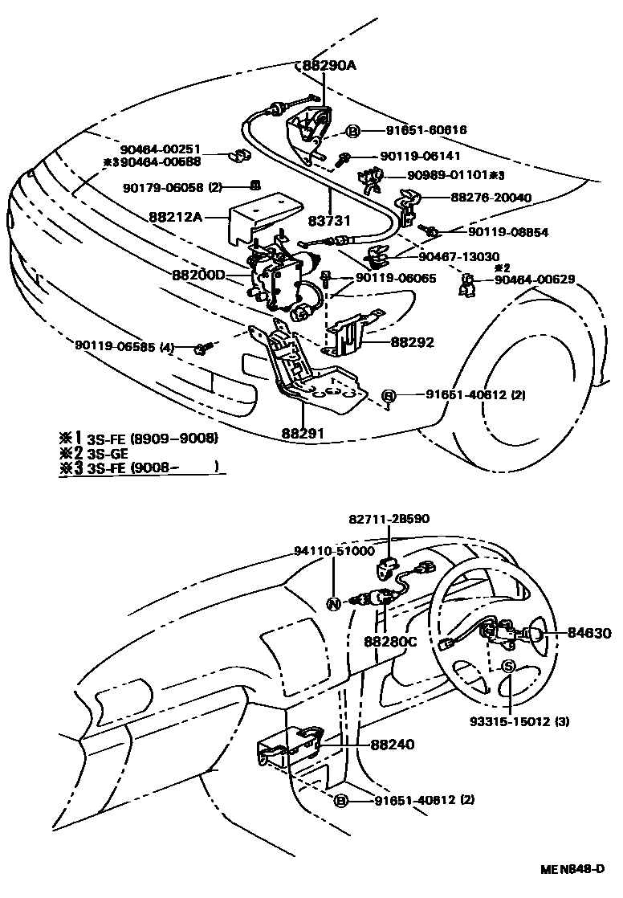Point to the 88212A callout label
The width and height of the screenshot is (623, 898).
[176, 216]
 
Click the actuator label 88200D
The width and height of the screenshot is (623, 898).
[198, 274]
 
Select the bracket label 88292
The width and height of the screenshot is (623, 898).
[413, 342]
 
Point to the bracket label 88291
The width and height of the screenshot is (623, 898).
[303, 433]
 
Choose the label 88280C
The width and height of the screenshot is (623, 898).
[391, 642]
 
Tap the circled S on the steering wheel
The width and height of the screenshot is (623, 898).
[508, 667]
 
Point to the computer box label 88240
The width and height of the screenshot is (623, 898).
[393, 745]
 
